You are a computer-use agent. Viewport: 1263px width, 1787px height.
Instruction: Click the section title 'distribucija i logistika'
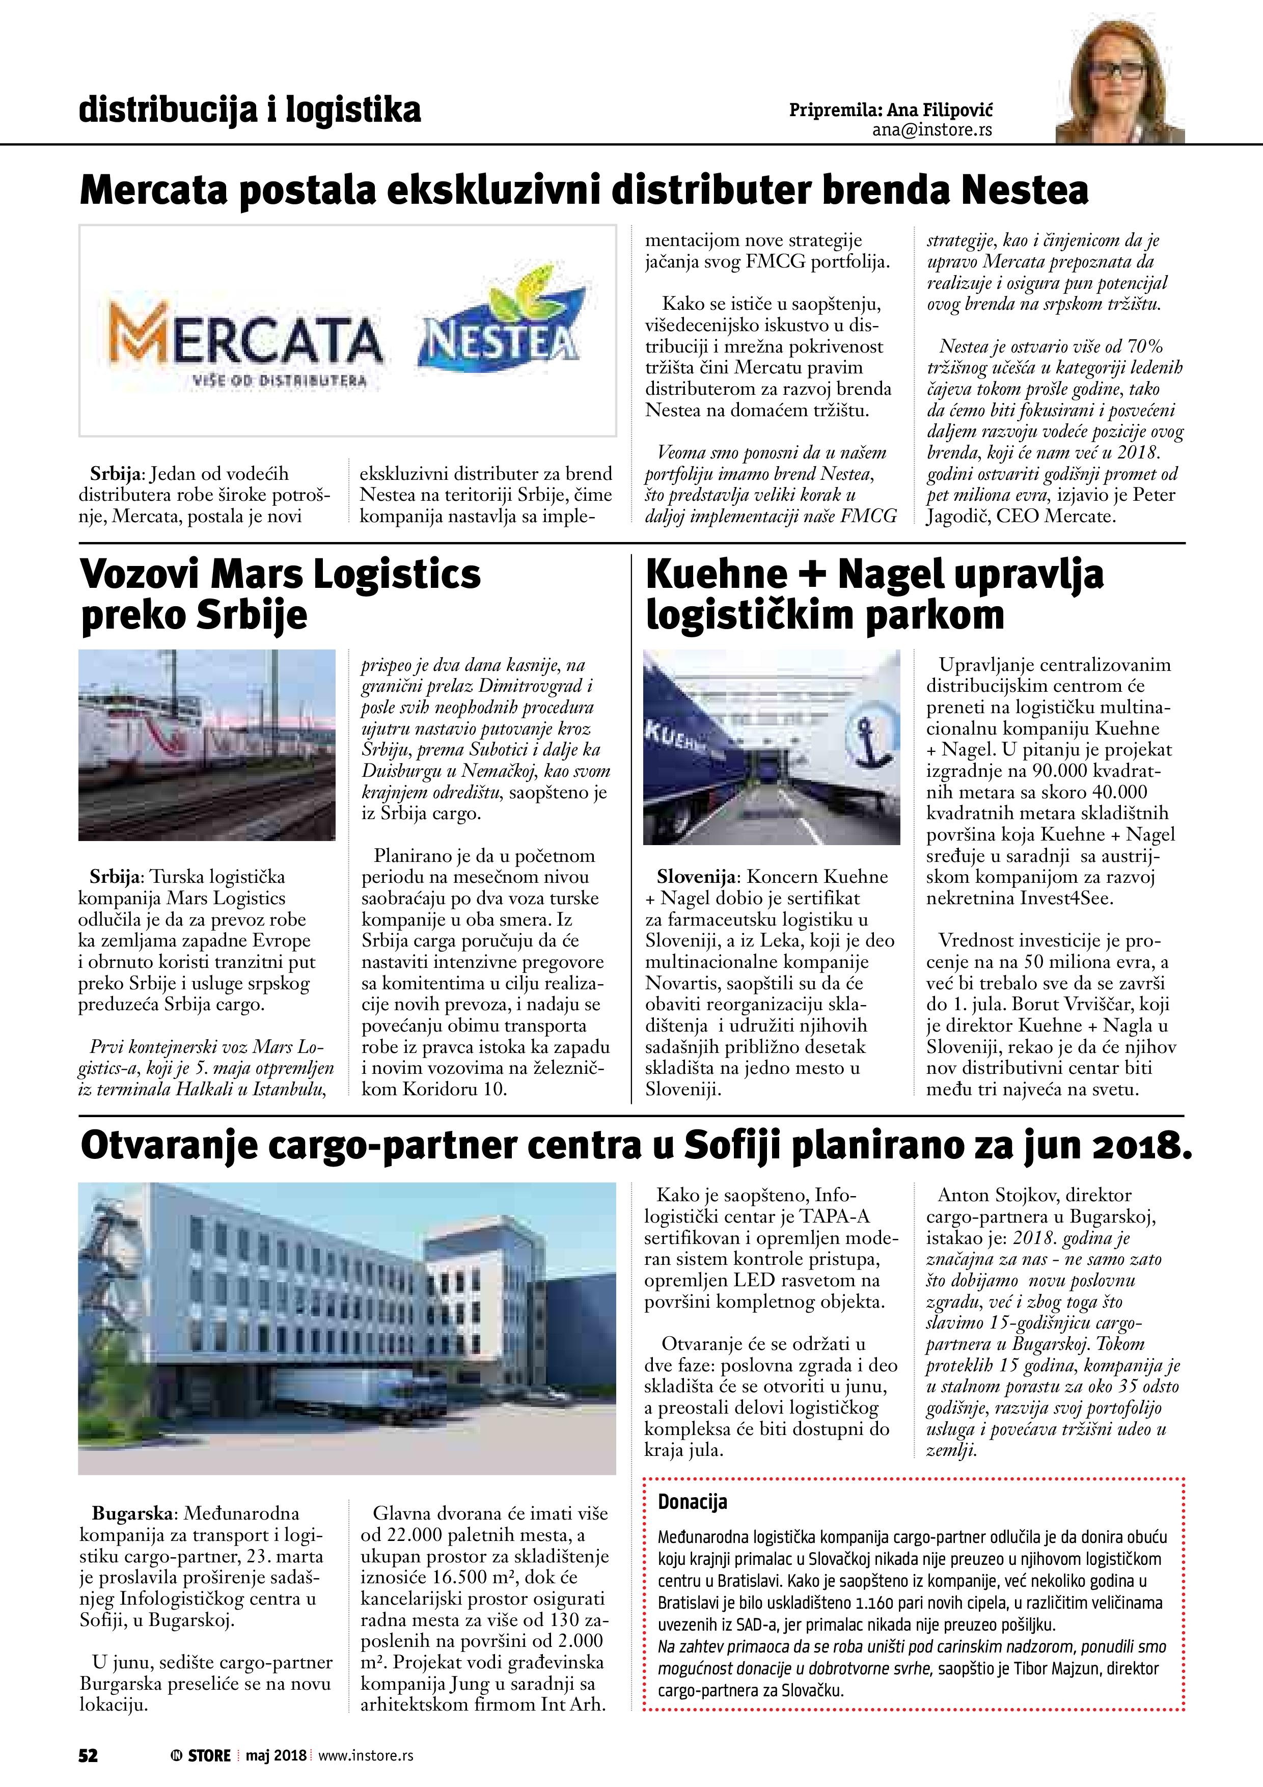pyautogui.click(x=250, y=110)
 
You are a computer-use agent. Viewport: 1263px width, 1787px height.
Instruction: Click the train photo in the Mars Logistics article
pyautogui.click(x=206, y=745)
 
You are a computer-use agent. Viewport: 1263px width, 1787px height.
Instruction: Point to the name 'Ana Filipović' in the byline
pyautogui.click(x=939, y=110)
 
